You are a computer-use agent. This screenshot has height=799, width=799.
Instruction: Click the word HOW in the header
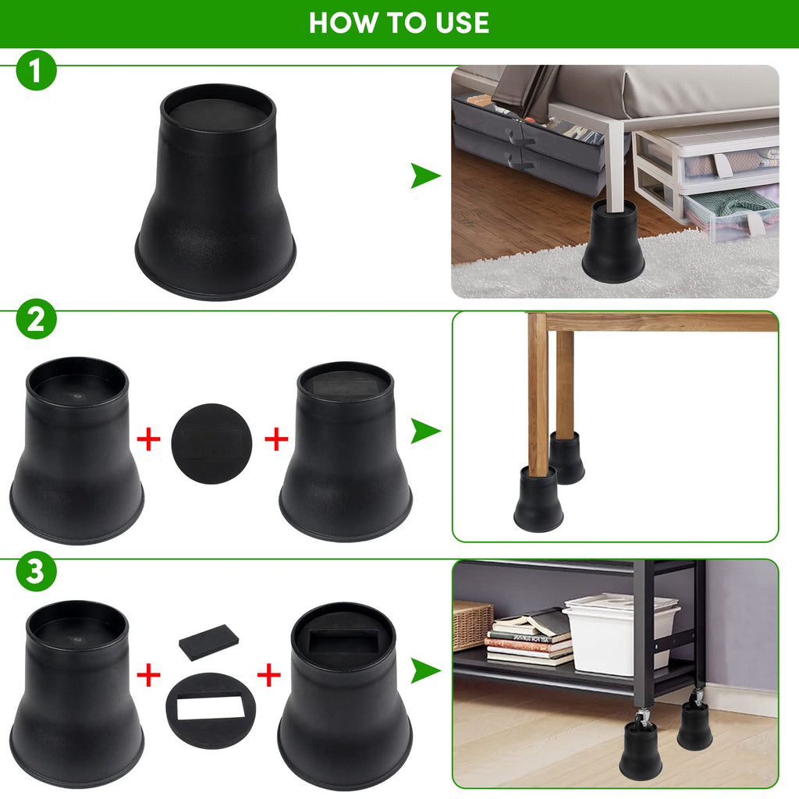point(338,23)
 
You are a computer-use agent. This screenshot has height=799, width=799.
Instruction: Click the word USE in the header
point(461,23)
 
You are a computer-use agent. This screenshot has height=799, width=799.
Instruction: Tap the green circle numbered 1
point(36,71)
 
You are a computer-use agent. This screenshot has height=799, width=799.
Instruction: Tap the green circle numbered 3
point(36,572)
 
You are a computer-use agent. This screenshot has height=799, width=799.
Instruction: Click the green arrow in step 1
point(425,177)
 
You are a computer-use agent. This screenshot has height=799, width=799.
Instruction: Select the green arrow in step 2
point(425,431)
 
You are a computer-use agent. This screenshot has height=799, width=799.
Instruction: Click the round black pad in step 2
point(211,443)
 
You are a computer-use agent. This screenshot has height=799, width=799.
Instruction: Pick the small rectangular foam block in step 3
point(208,641)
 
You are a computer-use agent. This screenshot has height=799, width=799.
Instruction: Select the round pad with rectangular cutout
point(211,709)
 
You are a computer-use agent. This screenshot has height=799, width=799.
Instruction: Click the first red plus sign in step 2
point(148,439)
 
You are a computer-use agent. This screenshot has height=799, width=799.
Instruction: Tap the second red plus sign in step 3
point(268,675)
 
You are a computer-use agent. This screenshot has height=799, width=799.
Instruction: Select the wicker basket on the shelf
point(472,623)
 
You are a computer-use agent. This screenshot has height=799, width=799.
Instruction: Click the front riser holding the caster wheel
point(641,750)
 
